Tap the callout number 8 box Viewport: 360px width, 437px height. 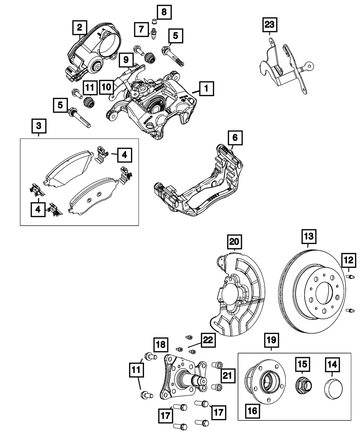tap(164, 12)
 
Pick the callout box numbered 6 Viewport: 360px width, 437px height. tap(235, 138)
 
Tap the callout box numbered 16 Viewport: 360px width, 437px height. tap(253, 411)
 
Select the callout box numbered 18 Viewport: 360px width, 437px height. tap(161, 344)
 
